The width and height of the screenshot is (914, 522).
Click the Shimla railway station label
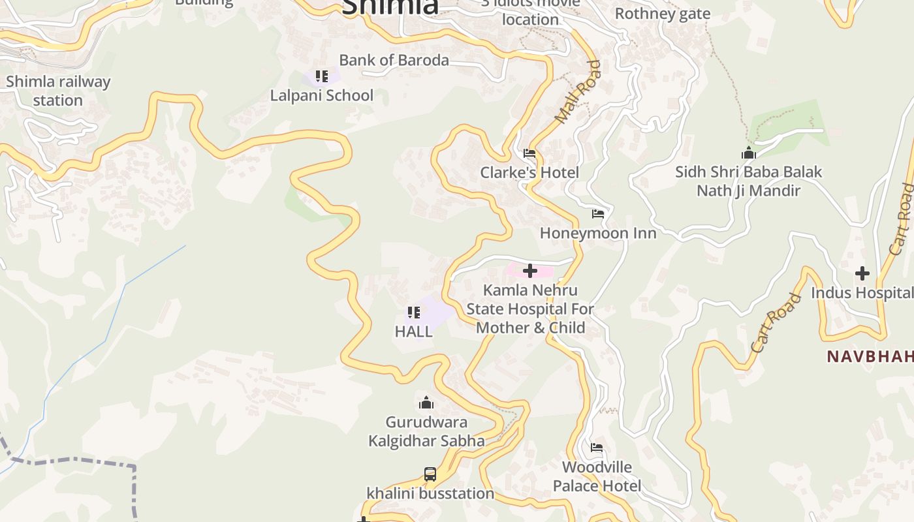click(58, 91)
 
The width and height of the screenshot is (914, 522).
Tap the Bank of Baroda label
click(394, 60)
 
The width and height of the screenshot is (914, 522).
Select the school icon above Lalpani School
click(321, 76)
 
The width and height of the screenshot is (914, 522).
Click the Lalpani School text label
click(322, 95)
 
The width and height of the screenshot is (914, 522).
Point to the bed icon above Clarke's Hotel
click(529, 154)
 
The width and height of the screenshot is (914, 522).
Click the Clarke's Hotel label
click(529, 172)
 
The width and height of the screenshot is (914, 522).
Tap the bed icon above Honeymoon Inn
click(597, 214)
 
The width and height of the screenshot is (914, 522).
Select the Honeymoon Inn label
click(598, 233)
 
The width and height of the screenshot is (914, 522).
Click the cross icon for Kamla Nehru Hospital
click(530, 270)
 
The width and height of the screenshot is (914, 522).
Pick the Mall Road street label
click(577, 92)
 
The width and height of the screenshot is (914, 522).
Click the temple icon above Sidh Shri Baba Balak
click(749, 153)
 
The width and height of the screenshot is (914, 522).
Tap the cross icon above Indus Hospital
click(862, 273)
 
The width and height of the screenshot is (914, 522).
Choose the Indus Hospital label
click(862, 292)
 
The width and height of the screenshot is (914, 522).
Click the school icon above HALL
click(413, 313)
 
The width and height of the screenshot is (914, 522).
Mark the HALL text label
click(413, 331)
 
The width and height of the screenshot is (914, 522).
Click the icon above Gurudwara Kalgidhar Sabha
click(426, 403)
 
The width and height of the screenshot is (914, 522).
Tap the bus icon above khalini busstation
click(430, 474)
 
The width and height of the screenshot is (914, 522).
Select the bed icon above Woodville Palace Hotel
click(597, 448)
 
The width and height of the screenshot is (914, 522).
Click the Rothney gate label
click(662, 14)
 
